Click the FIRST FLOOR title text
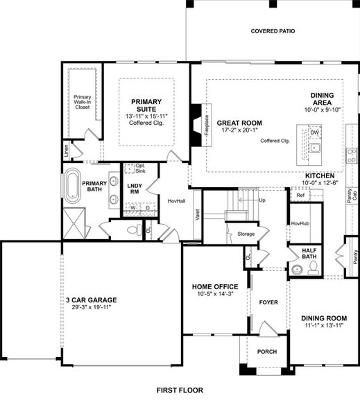click(x=180, y=390)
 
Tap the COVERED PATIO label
click(x=273, y=31)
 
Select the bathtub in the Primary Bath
click(x=73, y=186)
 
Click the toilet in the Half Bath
click(x=314, y=268)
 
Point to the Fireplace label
click(x=207, y=125)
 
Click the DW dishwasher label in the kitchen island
click(x=314, y=132)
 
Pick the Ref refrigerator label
click(x=300, y=196)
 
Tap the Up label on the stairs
click(x=262, y=200)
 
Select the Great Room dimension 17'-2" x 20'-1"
click(x=240, y=130)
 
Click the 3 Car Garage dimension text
click(x=92, y=307)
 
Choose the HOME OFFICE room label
click(x=215, y=287)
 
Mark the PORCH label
click(x=267, y=352)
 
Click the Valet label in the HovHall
click(x=197, y=215)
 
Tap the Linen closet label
click(x=66, y=150)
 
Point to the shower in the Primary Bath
click(x=74, y=223)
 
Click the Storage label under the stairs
click(x=246, y=234)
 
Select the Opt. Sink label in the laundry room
click(x=140, y=168)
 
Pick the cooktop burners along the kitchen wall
click(x=352, y=156)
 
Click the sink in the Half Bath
click(x=297, y=269)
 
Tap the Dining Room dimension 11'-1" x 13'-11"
click(x=324, y=326)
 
